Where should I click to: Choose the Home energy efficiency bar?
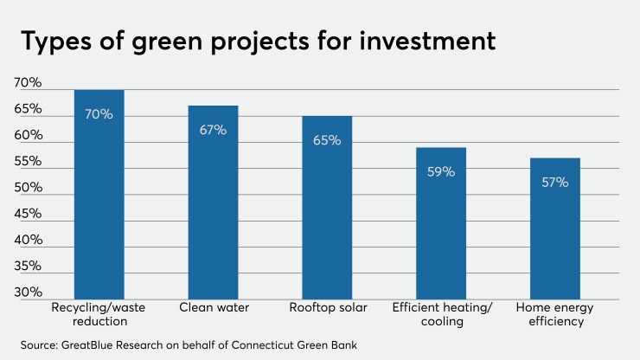554,228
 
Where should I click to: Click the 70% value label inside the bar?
99,114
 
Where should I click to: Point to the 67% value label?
213,130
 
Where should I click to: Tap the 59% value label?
441,171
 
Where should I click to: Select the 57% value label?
554,182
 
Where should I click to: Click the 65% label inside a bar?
327,140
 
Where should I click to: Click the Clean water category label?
213,308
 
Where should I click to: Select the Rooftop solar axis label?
327,308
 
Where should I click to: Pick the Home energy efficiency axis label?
554,314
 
